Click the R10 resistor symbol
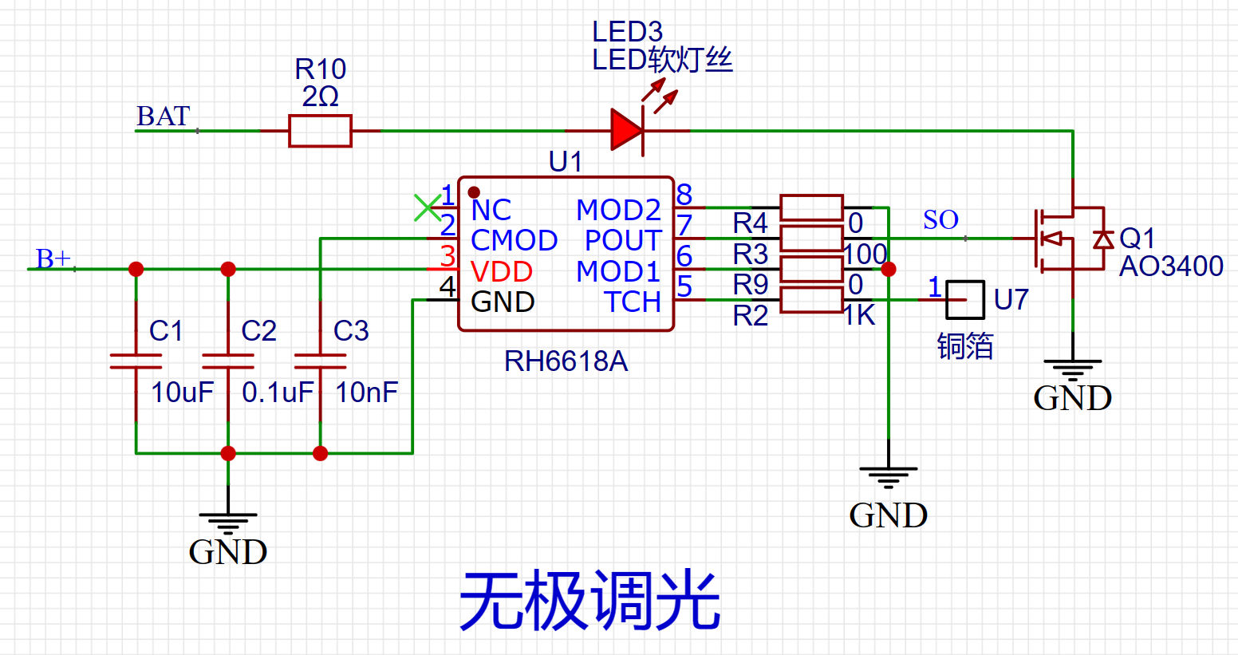click(320, 131)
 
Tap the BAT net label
click(164, 116)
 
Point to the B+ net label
click(53, 258)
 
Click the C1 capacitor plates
click(136, 361)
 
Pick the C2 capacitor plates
click(228, 361)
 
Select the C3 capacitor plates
click(320, 361)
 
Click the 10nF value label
click(366, 393)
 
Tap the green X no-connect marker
click(428, 207)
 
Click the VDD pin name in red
click(502, 272)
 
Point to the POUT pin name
click(623, 241)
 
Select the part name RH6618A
click(566, 362)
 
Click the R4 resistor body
click(811, 207)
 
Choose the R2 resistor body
click(811, 300)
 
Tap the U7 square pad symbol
click(965, 300)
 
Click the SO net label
click(940, 220)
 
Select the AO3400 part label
click(1171, 266)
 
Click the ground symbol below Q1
click(1072, 369)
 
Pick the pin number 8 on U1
click(684, 195)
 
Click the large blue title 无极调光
click(589, 601)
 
